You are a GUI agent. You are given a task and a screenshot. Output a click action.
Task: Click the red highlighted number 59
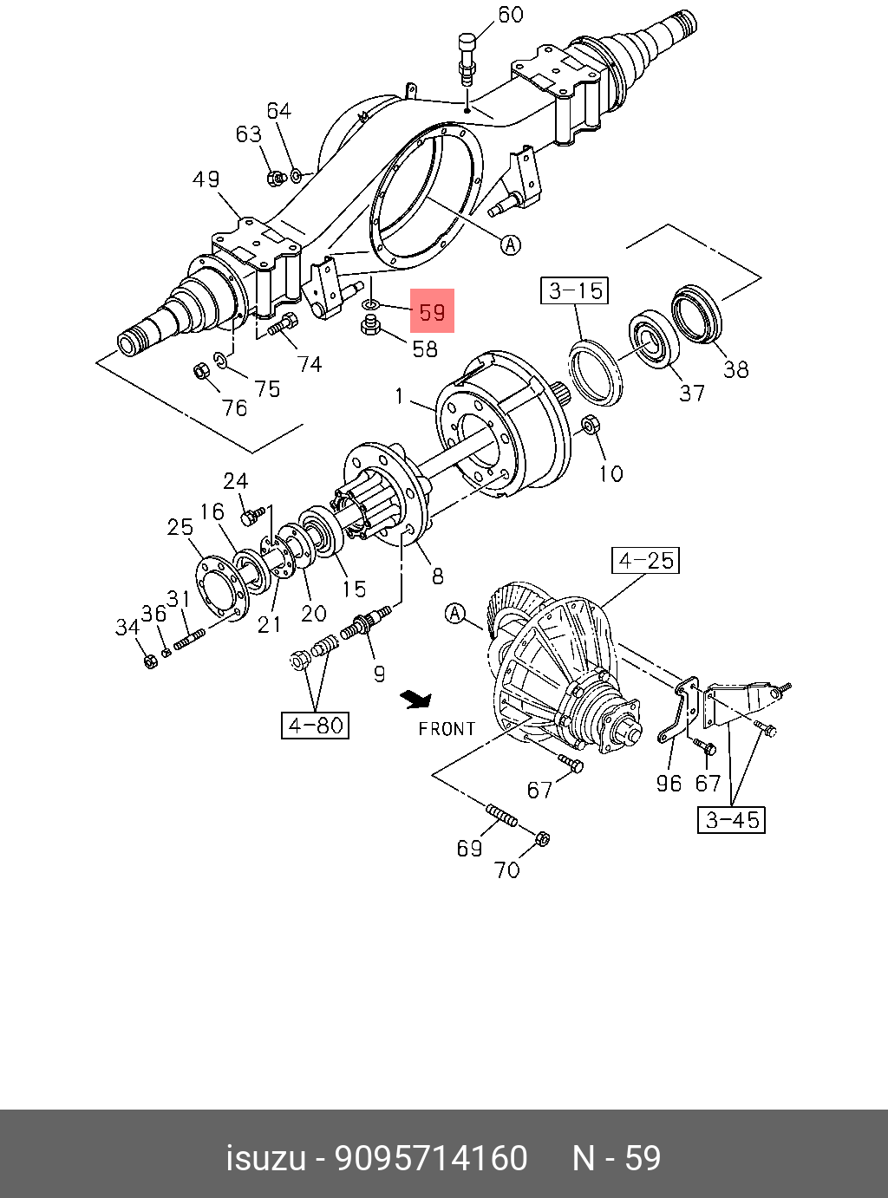pos(432,311)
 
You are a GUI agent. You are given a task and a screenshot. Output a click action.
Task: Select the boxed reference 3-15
pos(576,290)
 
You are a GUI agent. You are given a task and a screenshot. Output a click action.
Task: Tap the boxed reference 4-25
pos(646,561)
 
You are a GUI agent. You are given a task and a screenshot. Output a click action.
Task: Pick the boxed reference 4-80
pos(315,725)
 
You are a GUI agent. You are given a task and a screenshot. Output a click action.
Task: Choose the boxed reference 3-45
pos(732,819)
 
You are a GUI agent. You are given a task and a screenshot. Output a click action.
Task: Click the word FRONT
pos(447,729)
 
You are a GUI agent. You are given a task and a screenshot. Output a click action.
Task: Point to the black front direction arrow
pos(416,698)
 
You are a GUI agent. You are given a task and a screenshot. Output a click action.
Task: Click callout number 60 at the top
pos(511,15)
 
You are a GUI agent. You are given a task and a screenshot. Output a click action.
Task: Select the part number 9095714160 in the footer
pos(431,1158)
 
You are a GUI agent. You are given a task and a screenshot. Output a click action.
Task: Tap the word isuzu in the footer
pos(266,1158)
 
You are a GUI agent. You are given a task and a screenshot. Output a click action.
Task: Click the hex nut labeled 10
pos(590,426)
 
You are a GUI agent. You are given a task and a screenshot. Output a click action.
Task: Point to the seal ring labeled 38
pos(696,313)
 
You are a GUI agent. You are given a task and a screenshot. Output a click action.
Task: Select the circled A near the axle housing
pos(512,245)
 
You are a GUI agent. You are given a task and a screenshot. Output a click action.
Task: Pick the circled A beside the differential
pos(455,615)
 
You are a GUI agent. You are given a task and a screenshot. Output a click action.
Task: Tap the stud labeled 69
pos(502,816)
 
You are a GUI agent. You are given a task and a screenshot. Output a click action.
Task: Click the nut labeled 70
pos(541,838)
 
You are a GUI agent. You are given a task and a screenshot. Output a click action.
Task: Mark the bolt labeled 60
pos(467,56)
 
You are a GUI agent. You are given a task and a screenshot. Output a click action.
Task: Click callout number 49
pos(206,179)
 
